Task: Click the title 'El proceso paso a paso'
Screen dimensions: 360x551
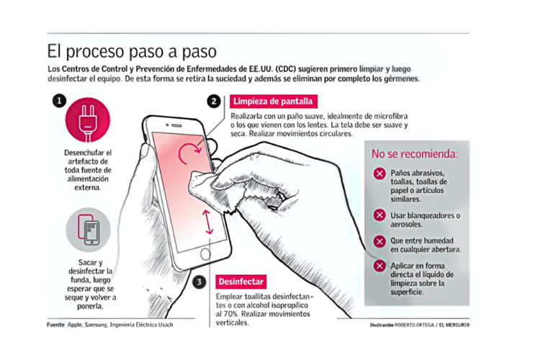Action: [131, 52]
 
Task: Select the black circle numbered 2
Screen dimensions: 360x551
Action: [214, 102]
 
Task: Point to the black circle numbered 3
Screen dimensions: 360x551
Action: [200, 282]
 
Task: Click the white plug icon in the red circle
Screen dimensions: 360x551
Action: [88, 120]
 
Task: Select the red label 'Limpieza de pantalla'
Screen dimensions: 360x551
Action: [272, 102]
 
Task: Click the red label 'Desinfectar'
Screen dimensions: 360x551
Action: [241, 282]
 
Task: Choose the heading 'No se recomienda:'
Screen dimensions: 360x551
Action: [414, 153]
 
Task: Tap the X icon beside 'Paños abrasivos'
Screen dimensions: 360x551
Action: [379, 174]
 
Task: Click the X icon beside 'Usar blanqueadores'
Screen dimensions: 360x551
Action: [379, 215]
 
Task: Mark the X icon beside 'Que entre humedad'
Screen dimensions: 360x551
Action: [379, 240]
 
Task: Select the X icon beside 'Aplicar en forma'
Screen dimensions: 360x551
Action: [379, 266]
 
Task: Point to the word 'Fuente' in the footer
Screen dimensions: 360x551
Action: [55, 325]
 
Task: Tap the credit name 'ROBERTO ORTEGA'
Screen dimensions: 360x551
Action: [416, 325]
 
